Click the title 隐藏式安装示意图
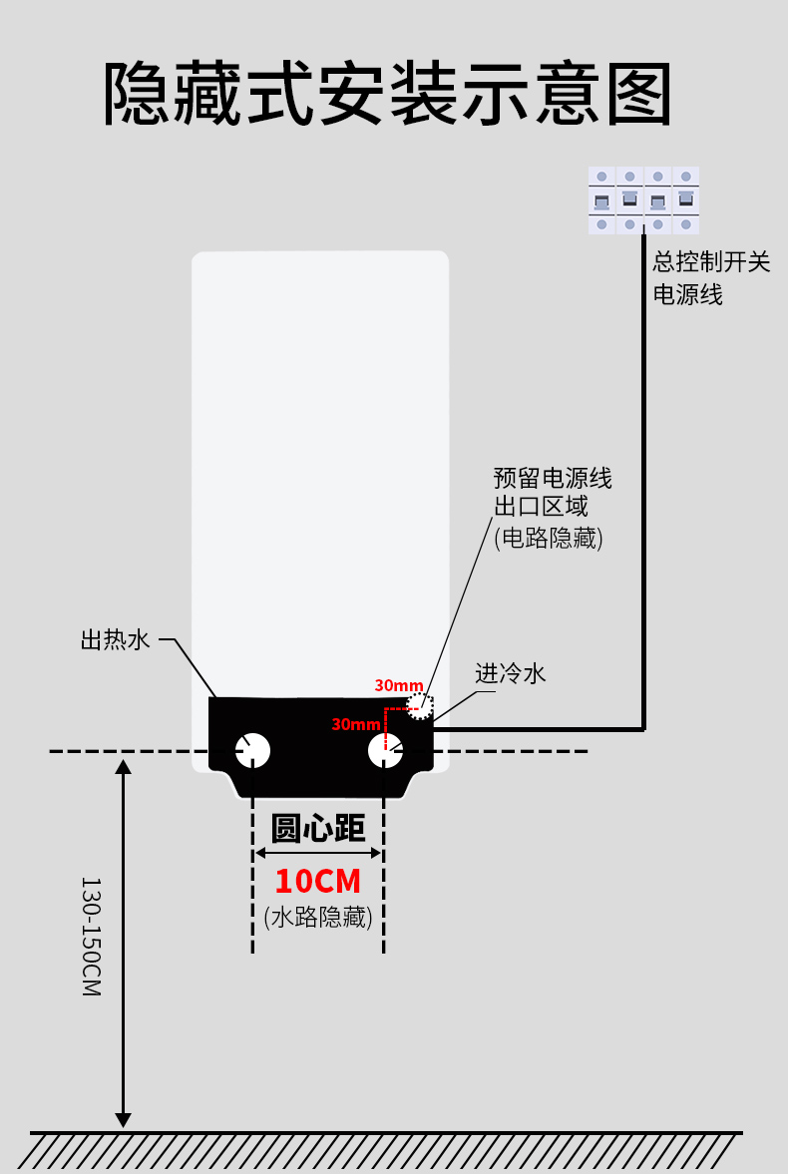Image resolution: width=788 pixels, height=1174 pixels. (x=387, y=94)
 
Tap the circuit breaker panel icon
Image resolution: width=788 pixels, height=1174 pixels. (x=643, y=199)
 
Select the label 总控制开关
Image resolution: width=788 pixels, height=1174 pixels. (x=711, y=261)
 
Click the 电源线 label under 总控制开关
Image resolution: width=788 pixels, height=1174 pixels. (x=687, y=294)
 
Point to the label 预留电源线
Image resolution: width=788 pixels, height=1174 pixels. (x=553, y=478)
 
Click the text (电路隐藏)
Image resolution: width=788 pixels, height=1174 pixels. (x=549, y=538)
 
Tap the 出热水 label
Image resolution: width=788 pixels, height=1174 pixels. (x=116, y=639)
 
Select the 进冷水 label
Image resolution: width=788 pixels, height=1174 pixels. (x=511, y=673)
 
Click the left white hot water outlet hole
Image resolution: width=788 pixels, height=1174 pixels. (x=253, y=750)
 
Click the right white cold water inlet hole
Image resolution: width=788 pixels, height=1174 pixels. (x=385, y=750)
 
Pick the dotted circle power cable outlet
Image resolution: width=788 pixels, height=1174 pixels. (x=420, y=706)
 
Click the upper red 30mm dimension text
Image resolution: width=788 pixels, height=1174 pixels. (x=399, y=685)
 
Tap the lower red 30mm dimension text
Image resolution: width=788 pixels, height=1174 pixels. (x=356, y=724)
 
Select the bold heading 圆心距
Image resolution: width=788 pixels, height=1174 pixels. (x=318, y=828)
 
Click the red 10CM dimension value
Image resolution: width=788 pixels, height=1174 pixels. (x=318, y=882)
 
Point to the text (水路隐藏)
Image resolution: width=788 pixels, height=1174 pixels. (x=318, y=917)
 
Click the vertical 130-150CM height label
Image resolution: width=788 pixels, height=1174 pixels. (x=91, y=937)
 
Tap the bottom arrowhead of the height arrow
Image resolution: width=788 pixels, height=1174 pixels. (x=124, y=1120)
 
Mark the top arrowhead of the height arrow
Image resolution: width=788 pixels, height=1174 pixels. (x=124, y=767)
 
